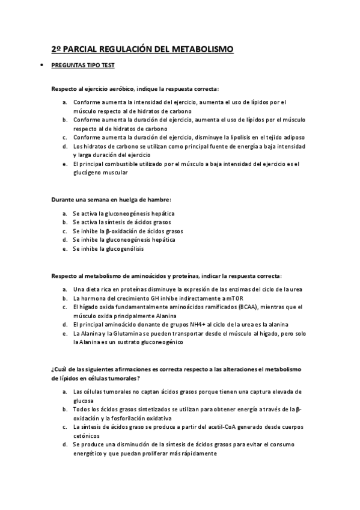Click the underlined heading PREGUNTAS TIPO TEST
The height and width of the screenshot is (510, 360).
pyautogui.click(x=83, y=66)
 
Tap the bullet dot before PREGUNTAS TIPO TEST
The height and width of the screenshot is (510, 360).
pyautogui.click(x=40, y=66)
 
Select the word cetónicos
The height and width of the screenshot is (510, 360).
pyautogui.click(x=87, y=435)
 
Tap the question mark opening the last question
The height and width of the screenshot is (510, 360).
pyautogui.click(x=53, y=369)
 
